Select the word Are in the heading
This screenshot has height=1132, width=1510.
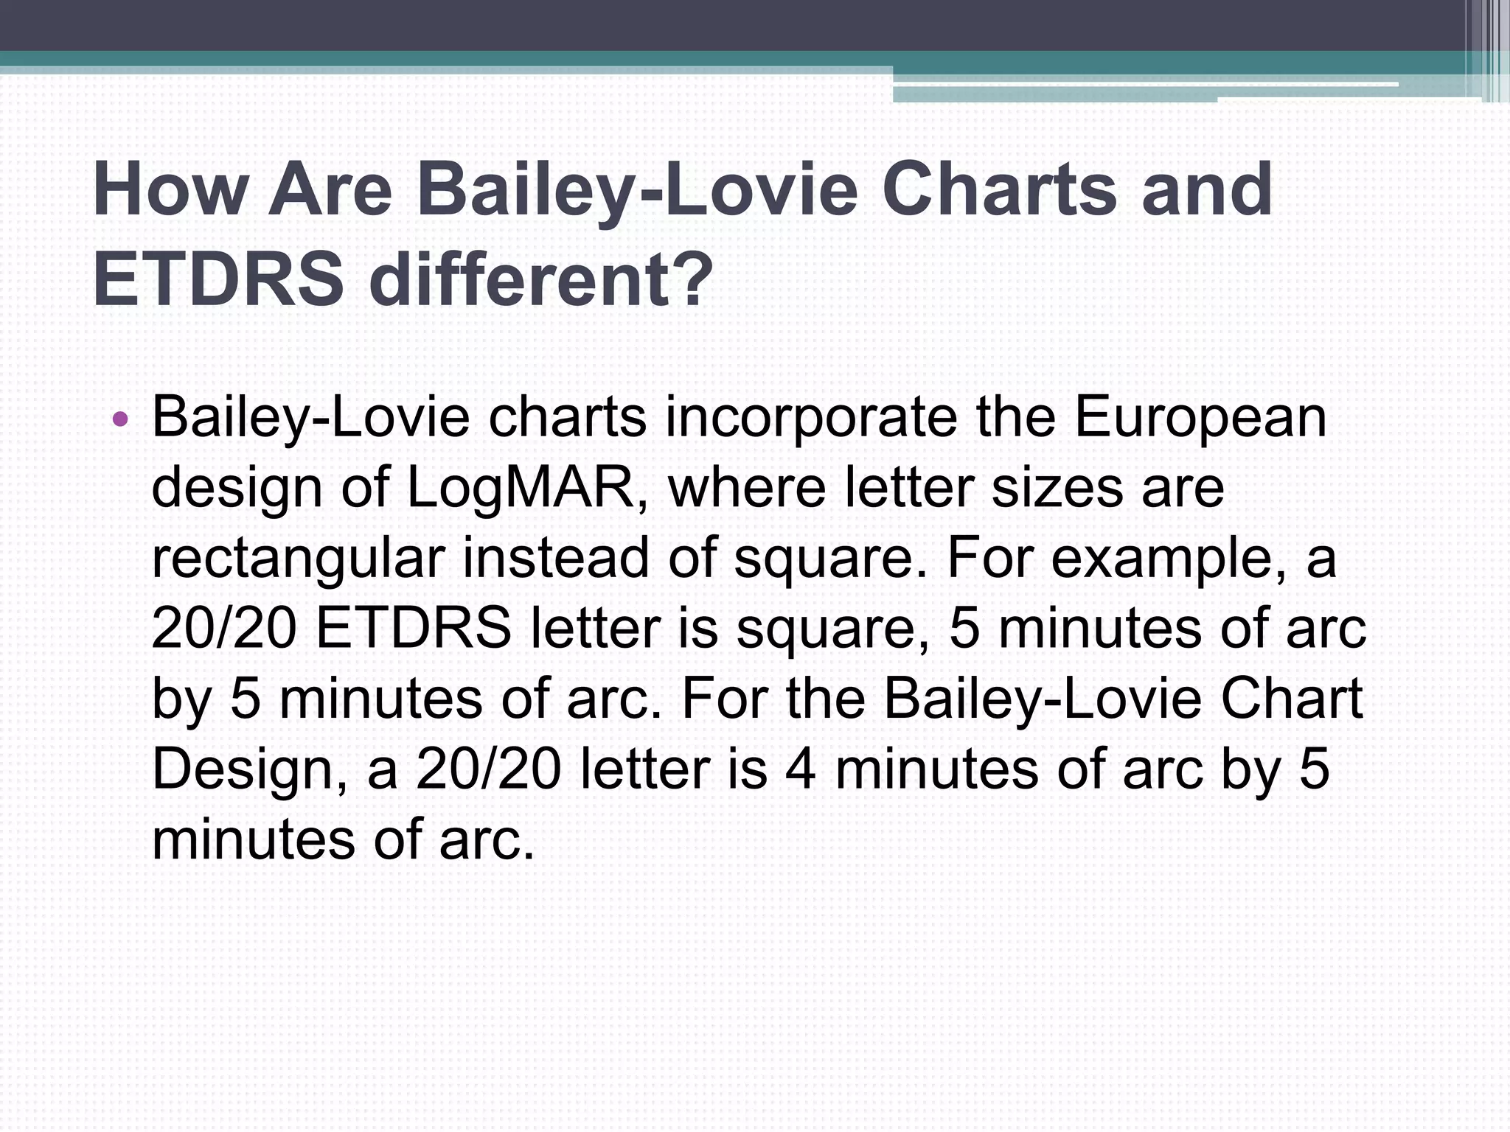330,190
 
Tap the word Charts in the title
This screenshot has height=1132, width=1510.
999,190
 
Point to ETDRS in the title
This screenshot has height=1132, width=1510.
218,281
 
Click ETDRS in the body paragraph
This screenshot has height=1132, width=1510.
413,629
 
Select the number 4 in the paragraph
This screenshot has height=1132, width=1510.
800,769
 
